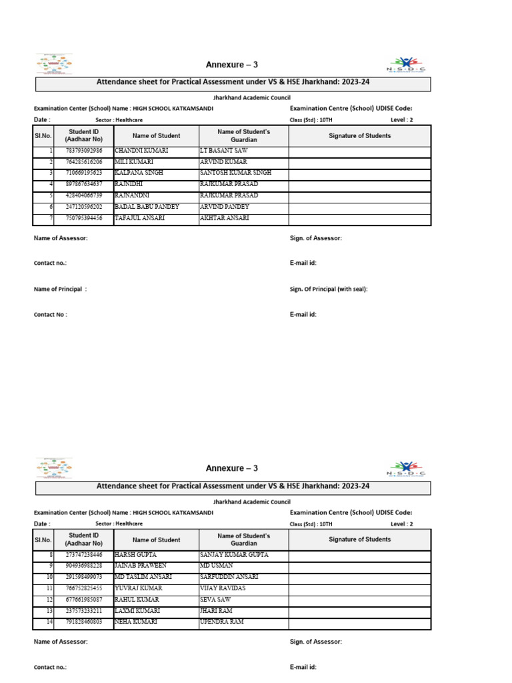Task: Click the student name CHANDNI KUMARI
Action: tap(141, 151)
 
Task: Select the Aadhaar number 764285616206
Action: tap(83, 162)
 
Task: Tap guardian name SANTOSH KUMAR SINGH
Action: tap(235, 173)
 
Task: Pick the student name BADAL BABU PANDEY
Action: tap(147, 207)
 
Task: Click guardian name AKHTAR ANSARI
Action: tap(225, 218)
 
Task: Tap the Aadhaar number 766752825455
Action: tap(83, 588)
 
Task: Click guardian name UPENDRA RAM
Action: tap(221, 622)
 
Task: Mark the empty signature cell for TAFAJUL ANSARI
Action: tap(359, 219)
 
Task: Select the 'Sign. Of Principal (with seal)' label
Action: tap(329, 289)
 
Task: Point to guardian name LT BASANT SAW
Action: tap(223, 151)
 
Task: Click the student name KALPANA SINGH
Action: tap(139, 173)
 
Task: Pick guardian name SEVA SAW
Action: tap(215, 600)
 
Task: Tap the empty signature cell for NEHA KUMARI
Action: tap(359, 622)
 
